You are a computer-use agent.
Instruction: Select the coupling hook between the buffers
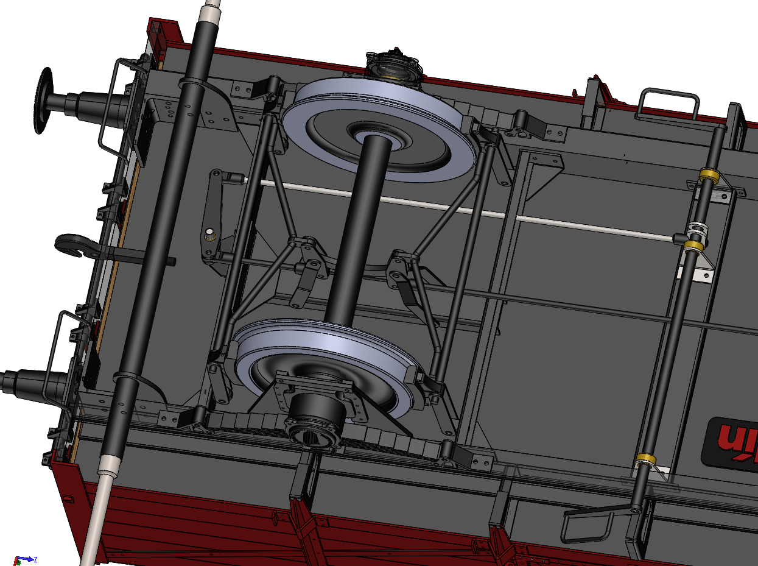pos(73,244)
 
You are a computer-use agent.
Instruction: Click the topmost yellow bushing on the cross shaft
pos(707,176)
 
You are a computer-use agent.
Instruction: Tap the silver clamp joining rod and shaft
pos(696,232)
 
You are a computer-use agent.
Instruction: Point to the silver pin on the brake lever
pos(209,233)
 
